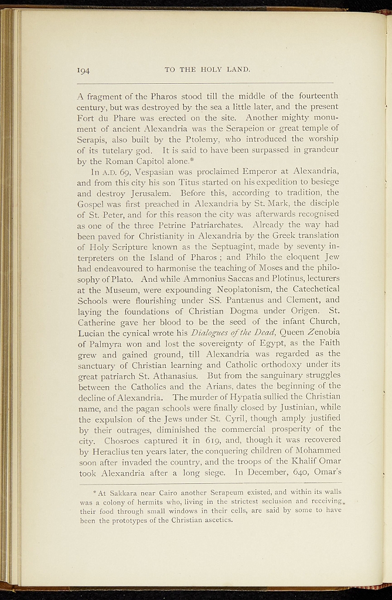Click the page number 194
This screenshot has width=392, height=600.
[x=83, y=71]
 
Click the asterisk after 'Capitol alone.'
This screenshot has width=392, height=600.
[x=206, y=159]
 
